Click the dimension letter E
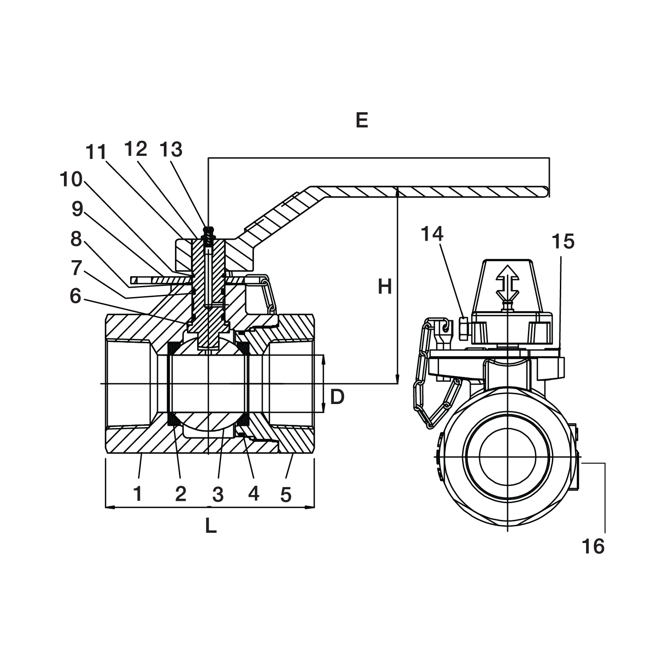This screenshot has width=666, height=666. click(362, 120)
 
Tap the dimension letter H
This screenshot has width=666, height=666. click(385, 287)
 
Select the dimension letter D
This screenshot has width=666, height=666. click(337, 396)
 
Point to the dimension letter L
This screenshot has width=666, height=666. click(210, 526)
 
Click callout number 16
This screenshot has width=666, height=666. click(593, 546)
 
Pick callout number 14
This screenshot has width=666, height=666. click(432, 234)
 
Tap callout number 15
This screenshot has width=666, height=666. click(563, 242)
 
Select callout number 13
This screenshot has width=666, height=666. click(171, 150)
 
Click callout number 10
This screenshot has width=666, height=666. click(71, 179)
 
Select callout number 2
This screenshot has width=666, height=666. click(180, 493)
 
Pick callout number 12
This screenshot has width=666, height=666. click(135, 150)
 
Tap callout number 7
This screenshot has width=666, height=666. click(76, 268)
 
